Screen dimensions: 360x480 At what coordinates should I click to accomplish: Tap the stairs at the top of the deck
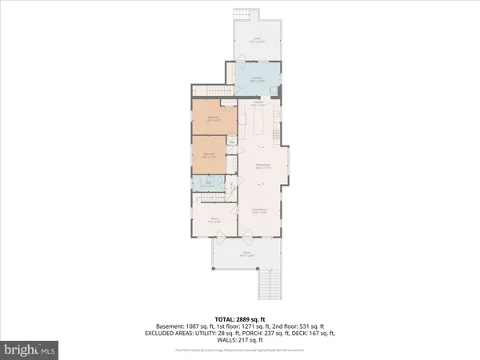click(x=244, y=17)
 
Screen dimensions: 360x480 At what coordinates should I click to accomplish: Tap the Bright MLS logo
click(x=30, y=350)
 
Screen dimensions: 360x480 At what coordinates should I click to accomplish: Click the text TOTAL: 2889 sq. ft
click(x=239, y=318)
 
